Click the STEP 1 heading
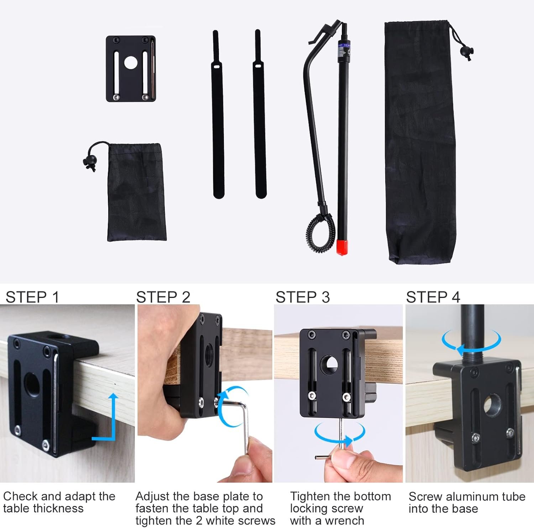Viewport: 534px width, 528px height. coord(32,297)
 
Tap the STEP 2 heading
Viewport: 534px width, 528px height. coord(163,297)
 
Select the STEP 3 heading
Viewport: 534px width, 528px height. coord(303,297)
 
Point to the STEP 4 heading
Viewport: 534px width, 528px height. coord(433,297)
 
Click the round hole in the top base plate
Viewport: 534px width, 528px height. coord(131,63)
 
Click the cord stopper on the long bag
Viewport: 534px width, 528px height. coord(466,52)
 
